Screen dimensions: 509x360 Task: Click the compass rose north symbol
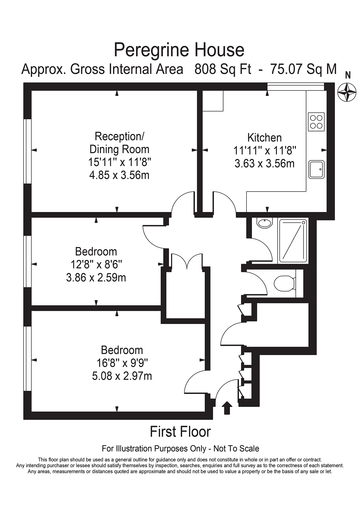coord(347,92)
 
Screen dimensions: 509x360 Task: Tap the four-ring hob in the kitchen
coord(316,122)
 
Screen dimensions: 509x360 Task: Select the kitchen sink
coord(316,169)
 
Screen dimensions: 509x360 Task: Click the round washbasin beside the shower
coord(264,223)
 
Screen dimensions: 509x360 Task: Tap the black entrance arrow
coord(227,408)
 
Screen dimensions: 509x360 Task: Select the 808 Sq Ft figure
coord(223,69)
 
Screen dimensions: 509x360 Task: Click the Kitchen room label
coord(264,138)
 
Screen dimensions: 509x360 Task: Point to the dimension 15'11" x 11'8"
coord(119,162)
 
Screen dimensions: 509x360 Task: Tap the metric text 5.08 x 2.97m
coord(122,376)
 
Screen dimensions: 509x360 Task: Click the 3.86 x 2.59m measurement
coord(96,278)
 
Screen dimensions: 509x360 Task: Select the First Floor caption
coord(180,432)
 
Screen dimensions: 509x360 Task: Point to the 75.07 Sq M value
coord(303,69)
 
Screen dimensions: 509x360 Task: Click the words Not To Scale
coord(236,449)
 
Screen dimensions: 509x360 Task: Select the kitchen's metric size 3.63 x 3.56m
coord(264,163)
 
